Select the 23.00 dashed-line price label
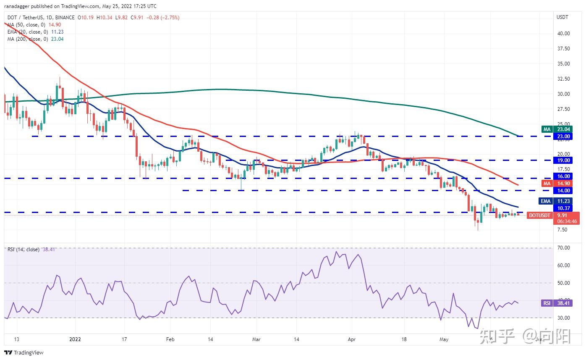point(563,137)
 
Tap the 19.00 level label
point(563,160)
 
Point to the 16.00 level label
point(563,176)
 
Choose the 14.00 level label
point(563,191)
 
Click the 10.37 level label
point(563,208)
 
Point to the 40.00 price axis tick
point(563,34)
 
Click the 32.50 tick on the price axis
point(563,79)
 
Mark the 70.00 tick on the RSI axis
point(563,248)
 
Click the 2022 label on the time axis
point(76,339)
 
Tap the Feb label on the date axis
point(170,339)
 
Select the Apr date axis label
point(352,339)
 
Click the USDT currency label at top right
point(562,17)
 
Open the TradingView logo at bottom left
point(24,352)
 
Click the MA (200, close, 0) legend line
point(35,39)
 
